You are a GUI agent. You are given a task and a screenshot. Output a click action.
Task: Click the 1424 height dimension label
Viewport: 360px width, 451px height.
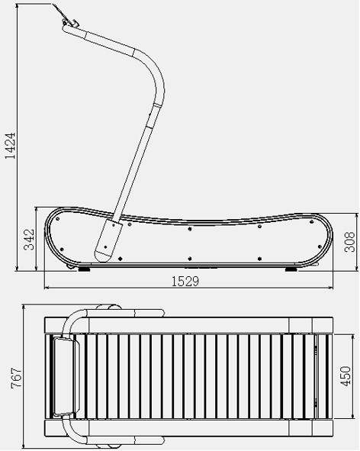(x=10, y=143)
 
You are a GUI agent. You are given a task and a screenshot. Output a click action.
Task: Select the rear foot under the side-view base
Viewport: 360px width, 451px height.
(x=291, y=268)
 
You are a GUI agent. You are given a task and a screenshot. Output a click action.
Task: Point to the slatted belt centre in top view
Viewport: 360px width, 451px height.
(x=191, y=376)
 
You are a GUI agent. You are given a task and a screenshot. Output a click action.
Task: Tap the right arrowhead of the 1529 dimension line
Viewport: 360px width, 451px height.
(x=333, y=288)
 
